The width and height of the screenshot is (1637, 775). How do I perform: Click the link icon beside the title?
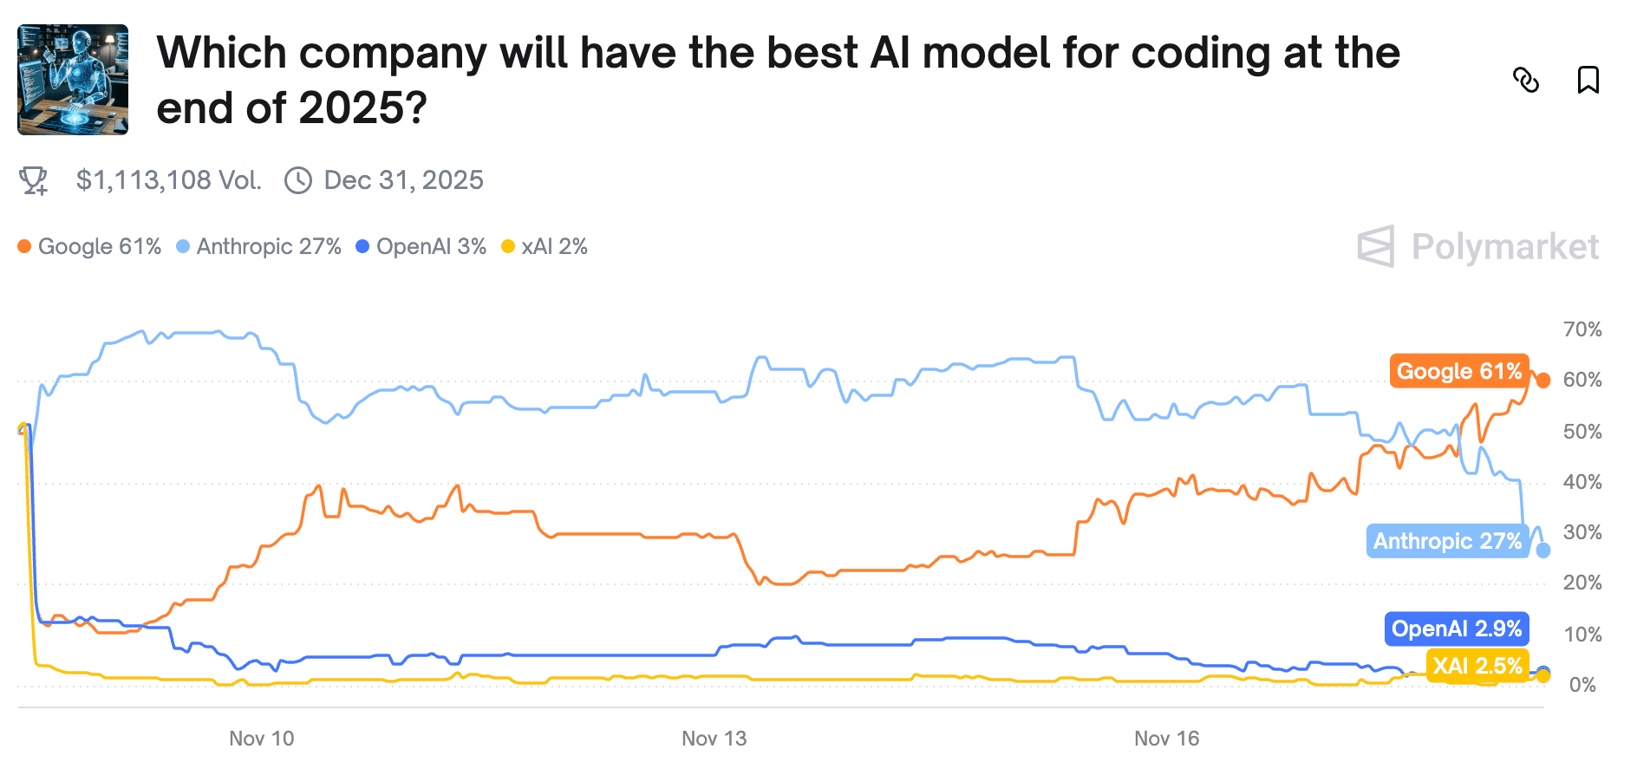pos(1525,80)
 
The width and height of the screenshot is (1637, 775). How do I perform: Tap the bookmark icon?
pos(1588,80)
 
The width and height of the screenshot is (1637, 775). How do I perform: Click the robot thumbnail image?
pos(73,80)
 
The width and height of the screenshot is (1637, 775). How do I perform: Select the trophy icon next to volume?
pos(34,180)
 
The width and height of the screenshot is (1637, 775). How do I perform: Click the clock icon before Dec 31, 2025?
pos(298,180)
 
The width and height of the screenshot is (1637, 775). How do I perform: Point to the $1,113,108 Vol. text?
pos(168,180)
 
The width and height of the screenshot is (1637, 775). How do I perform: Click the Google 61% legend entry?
pos(90,247)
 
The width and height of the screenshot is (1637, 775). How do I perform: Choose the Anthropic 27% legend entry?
pos(259,247)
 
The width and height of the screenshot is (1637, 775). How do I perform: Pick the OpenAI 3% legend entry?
pos(421,247)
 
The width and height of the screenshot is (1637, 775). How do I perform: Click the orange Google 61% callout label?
pos(1458,371)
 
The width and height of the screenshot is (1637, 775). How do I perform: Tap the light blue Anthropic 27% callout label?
pos(1447,541)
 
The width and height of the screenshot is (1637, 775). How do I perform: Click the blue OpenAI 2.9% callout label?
pos(1456,628)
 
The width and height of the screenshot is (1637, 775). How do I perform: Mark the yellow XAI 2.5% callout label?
pos(1477,666)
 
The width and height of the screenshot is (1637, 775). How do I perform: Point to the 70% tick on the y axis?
pos(1582,329)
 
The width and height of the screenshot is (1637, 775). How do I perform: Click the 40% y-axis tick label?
pos(1582,482)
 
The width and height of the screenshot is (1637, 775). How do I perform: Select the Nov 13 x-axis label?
pos(714,739)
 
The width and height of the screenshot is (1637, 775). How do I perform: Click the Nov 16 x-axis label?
pos(1166,739)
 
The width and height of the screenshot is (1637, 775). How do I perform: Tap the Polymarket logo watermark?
pos(1478,247)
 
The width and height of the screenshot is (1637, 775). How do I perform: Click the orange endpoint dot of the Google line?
pos(1542,381)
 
